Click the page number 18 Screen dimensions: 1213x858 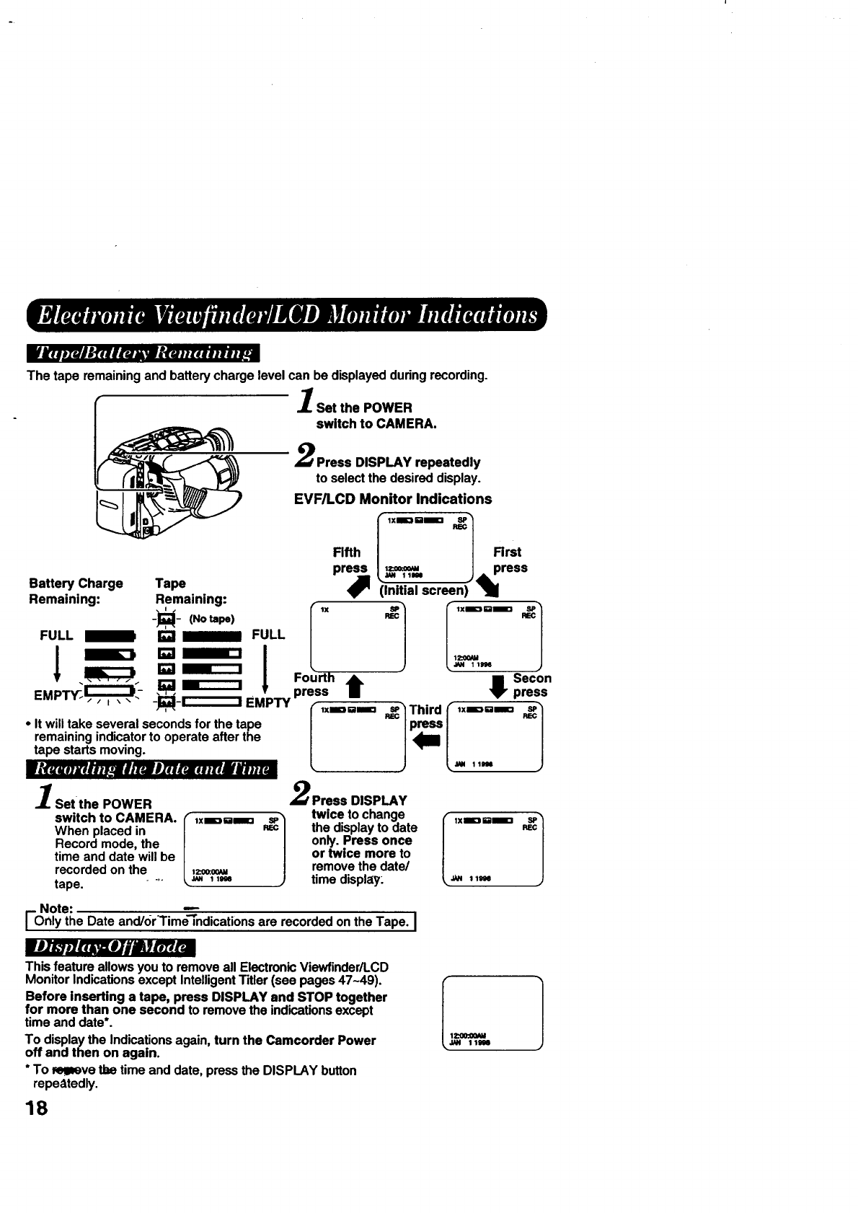click(x=36, y=1108)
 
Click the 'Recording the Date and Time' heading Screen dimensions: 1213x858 click(x=151, y=769)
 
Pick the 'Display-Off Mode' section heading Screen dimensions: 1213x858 click(x=110, y=946)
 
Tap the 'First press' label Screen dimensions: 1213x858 click(x=509, y=560)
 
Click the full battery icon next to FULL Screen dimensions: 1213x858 click(x=110, y=635)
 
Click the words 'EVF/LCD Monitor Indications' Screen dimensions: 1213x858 click(x=393, y=499)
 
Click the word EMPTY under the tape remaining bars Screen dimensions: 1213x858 click(x=267, y=702)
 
